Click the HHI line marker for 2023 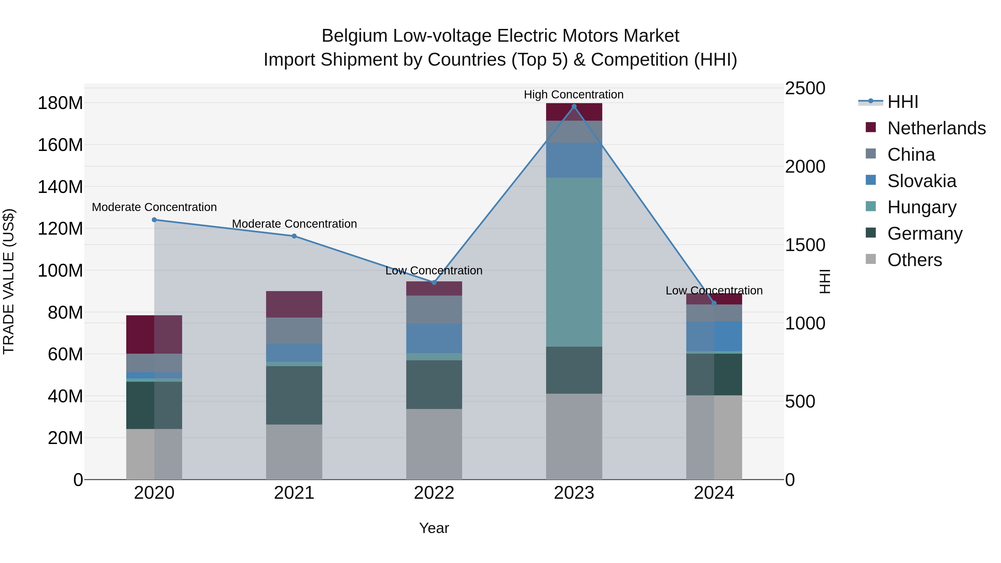pyautogui.click(x=574, y=106)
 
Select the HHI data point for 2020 pyautogui.click(x=154, y=220)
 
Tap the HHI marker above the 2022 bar pyautogui.click(x=434, y=282)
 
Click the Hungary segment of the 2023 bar pyautogui.click(x=574, y=262)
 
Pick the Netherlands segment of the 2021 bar pyautogui.click(x=294, y=304)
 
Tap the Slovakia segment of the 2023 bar pyautogui.click(x=574, y=160)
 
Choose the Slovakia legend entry pyautogui.click(x=921, y=181)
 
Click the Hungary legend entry pyautogui.click(x=921, y=207)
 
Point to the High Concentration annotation pyautogui.click(x=574, y=95)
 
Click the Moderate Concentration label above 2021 pyautogui.click(x=294, y=224)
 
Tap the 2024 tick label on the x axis pyautogui.click(x=714, y=493)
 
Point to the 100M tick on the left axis pyautogui.click(x=60, y=271)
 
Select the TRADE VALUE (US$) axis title pyautogui.click(x=9, y=281)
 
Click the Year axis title pyautogui.click(x=434, y=528)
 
